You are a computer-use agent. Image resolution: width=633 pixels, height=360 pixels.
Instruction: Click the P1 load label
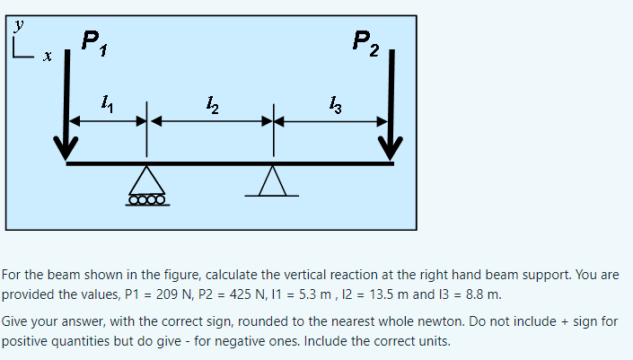click(91, 41)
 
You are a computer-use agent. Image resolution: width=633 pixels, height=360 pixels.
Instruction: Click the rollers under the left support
click(147, 199)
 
